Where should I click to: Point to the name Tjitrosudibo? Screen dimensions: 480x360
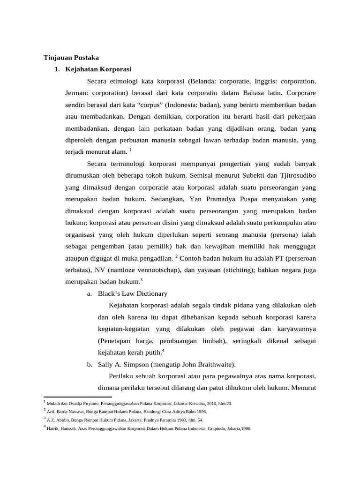[x=298, y=176]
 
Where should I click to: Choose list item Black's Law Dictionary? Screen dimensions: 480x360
[x=132, y=294]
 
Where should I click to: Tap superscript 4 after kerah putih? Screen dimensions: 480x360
[x=163, y=351]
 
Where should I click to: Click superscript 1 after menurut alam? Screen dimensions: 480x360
[x=130, y=150]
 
